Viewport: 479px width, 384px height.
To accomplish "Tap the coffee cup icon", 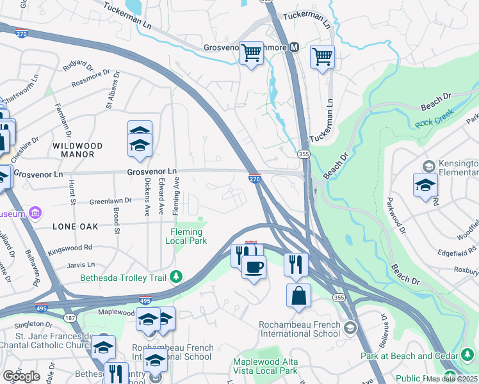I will (254, 267).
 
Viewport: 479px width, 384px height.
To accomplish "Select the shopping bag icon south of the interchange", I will (299, 296).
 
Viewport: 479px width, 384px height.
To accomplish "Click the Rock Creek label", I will (434, 118).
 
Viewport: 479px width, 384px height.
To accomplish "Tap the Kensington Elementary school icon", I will (425, 184).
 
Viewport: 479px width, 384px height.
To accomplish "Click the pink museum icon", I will (36, 212).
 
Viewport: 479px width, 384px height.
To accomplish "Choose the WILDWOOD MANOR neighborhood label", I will (73, 150).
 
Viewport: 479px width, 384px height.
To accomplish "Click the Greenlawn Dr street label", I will (110, 200).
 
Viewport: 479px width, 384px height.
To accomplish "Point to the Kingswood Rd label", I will (70, 247).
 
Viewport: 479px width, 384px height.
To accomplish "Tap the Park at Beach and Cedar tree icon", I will (467, 355).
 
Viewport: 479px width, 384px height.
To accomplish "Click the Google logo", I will (20, 376).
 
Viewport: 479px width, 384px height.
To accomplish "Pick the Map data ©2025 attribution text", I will (452, 379).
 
